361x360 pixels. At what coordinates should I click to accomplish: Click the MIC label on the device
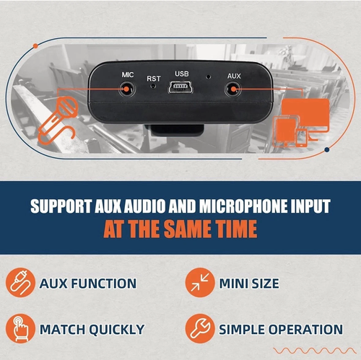point(128,75)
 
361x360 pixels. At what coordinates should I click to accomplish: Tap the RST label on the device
point(154,79)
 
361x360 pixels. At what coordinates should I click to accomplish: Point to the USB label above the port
point(182,74)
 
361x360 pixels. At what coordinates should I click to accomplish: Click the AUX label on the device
point(234,76)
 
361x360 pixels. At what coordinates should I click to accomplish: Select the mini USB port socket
point(180,87)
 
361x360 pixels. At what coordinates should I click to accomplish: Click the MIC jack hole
point(126,89)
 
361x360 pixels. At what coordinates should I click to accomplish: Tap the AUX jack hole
point(232,89)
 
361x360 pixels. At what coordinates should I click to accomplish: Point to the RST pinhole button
point(153,86)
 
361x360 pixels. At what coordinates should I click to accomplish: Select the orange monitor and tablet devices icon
point(301,123)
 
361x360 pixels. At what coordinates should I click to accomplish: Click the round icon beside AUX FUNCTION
point(20,283)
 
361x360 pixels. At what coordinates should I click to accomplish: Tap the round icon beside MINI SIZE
point(200,283)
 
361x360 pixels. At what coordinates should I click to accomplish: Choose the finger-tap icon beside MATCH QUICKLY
point(20,328)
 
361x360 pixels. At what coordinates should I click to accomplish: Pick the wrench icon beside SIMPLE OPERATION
point(200,328)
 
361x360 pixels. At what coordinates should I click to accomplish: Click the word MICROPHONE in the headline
point(243,206)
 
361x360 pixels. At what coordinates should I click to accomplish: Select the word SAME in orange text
point(188,229)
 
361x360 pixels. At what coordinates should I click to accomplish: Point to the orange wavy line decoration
point(315,351)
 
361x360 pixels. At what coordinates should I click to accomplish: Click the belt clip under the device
point(178,130)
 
